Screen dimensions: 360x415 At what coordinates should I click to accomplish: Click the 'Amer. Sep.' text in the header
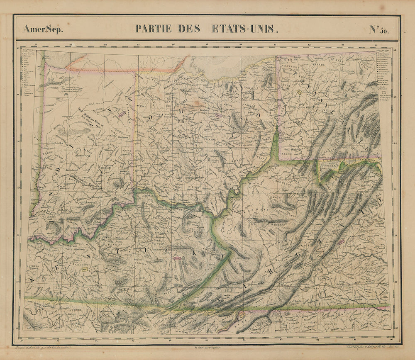pos(43,29)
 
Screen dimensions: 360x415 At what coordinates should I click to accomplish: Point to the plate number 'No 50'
pos(379,29)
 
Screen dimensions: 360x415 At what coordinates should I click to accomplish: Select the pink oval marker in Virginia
pos(340,241)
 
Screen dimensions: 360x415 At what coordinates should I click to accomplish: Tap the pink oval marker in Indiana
pos(122,112)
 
